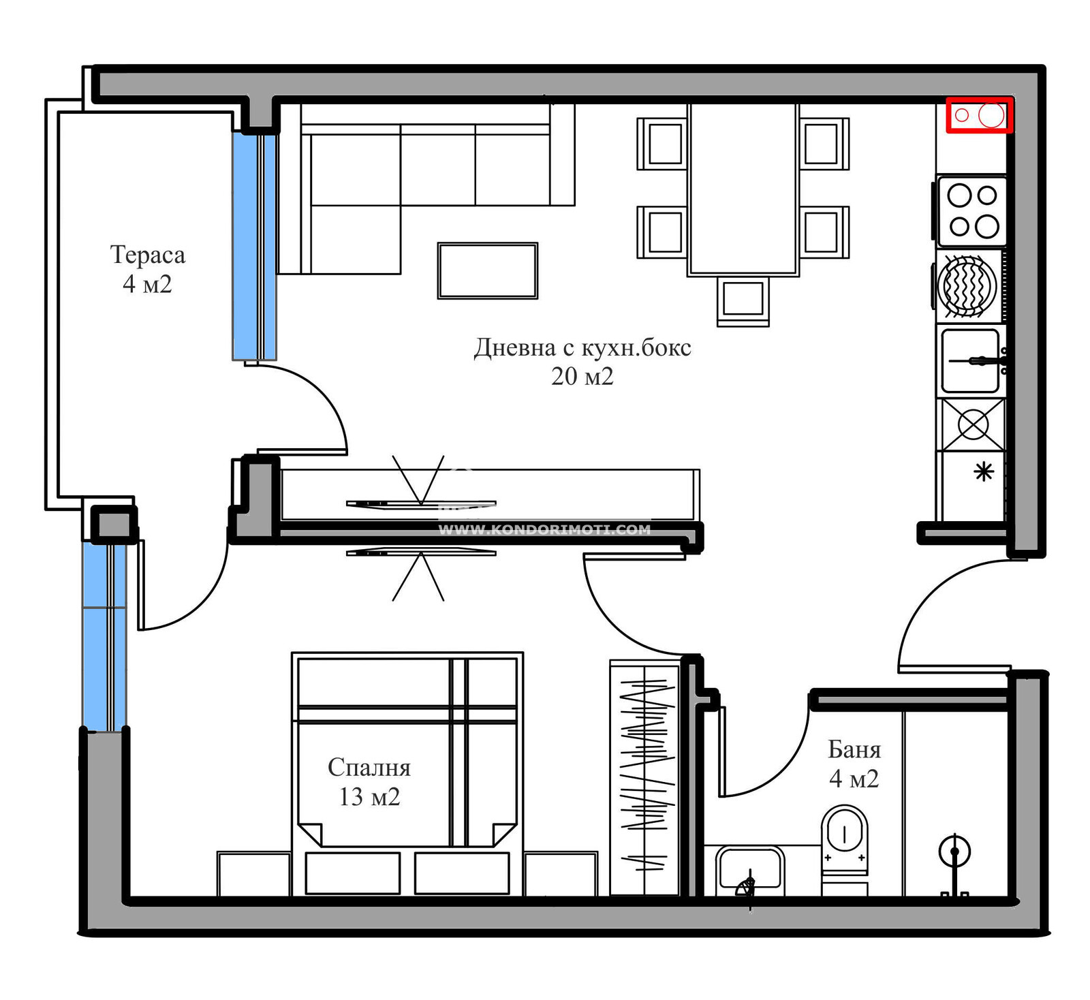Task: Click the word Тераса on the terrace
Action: (x=147, y=255)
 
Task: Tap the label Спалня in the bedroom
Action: (x=369, y=768)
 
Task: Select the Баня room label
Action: (x=854, y=749)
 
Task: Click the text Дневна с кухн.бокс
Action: (x=582, y=347)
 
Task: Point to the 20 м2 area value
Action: (x=582, y=376)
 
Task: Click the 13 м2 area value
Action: (x=369, y=796)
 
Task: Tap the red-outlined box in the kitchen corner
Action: (x=980, y=115)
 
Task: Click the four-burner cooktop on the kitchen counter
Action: (x=972, y=211)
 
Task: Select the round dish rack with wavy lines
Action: (x=967, y=286)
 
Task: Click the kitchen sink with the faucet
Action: (x=971, y=361)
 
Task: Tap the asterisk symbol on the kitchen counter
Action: (x=984, y=471)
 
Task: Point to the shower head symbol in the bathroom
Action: (x=954, y=851)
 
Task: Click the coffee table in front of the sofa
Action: (x=488, y=270)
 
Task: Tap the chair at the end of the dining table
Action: (x=743, y=300)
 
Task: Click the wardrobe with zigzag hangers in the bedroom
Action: (x=645, y=777)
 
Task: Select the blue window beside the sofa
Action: (x=254, y=246)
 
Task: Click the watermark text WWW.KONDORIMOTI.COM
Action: (x=544, y=529)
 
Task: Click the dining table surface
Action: (x=743, y=189)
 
